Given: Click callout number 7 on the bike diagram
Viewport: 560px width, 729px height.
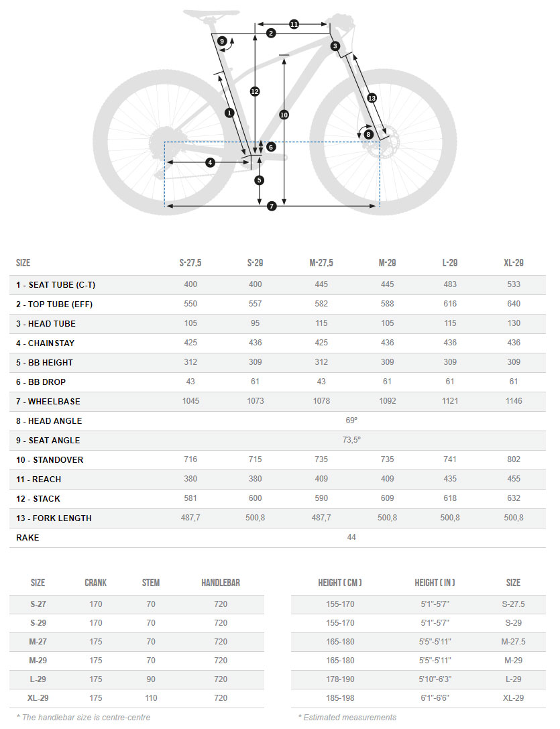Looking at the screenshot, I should [272, 206].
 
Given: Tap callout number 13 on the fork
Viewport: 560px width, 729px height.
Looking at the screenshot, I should [372, 99].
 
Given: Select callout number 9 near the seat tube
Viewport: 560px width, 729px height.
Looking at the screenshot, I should [222, 42].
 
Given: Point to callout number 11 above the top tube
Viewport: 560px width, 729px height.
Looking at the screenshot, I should [294, 24].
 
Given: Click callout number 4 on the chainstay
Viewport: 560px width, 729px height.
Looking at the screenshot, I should [210, 162].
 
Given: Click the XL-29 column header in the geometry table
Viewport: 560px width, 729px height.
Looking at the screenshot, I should [514, 263].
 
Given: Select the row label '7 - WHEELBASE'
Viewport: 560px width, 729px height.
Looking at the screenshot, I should [48, 402].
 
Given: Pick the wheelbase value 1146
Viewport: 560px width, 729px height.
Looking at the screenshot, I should [514, 402].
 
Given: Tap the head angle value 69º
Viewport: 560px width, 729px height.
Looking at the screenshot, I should [351, 421].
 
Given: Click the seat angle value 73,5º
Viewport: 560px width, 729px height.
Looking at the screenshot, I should [351, 441].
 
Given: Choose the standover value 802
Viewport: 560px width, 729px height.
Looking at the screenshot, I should [514, 460].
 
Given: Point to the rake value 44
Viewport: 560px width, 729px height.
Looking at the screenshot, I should [351, 538].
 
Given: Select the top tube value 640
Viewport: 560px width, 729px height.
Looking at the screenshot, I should [514, 304].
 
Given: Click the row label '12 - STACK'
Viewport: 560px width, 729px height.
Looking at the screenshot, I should [38, 499].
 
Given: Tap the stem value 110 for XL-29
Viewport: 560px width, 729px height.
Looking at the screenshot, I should [151, 698].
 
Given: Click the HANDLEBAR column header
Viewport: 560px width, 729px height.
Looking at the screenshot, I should [221, 583].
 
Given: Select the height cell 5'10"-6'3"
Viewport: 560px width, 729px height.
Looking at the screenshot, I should [434, 679].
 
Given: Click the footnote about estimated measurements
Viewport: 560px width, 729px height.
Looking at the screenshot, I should [347, 718].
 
